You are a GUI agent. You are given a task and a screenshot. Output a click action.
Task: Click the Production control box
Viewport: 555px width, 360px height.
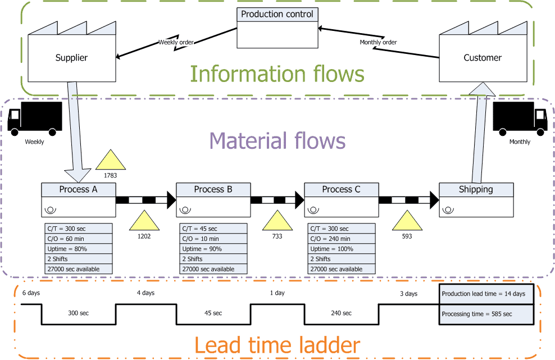click(x=277, y=28)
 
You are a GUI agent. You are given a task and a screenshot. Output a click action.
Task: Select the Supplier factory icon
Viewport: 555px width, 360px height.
click(x=71, y=53)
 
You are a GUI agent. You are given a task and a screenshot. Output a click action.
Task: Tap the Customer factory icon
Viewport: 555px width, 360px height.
click(x=483, y=53)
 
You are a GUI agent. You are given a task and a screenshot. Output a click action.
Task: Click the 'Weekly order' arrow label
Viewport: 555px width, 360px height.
click(x=176, y=42)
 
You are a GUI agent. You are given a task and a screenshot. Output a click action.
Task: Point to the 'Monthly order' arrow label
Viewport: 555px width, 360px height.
click(x=378, y=42)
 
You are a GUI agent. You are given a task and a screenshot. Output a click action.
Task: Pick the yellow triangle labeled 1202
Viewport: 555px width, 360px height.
click(x=144, y=221)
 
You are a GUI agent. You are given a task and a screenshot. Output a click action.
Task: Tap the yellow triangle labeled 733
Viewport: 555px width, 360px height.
click(x=277, y=221)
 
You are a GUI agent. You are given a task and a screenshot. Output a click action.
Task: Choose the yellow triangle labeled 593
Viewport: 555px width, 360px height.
click(x=407, y=221)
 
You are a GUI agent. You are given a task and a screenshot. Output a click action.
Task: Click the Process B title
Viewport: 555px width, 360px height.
click(x=213, y=190)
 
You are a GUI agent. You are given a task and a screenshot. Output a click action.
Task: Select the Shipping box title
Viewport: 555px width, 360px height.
click(x=476, y=190)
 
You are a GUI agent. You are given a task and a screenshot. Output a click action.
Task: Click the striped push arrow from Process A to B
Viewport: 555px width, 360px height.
click(x=145, y=199)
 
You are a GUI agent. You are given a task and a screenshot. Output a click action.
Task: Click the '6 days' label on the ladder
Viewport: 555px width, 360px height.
click(x=31, y=293)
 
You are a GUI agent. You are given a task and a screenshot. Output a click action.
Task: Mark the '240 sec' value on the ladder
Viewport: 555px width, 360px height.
click(x=341, y=313)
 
